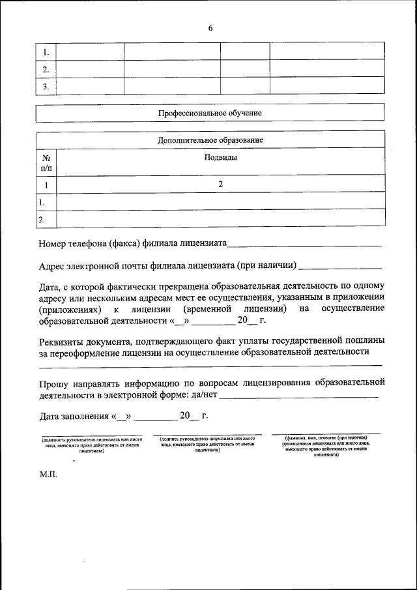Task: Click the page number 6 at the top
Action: [x=210, y=28]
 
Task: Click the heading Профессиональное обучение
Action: [x=210, y=113]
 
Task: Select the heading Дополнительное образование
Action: [x=210, y=140]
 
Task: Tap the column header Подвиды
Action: [x=220, y=157]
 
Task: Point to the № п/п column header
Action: [x=46, y=162]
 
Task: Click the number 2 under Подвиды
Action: [x=220, y=184]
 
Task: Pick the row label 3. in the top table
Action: [x=46, y=86]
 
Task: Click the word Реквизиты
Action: [x=62, y=340]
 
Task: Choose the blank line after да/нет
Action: [x=299, y=396]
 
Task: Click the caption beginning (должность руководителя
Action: [x=91, y=444]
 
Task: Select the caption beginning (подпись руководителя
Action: [x=207, y=444]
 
